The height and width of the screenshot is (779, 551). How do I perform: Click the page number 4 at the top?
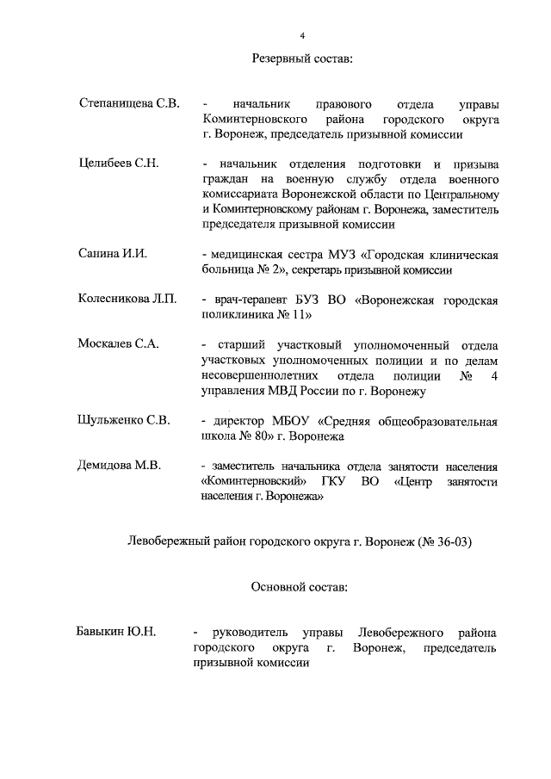click(x=302, y=35)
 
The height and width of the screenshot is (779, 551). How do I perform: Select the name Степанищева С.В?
click(x=128, y=104)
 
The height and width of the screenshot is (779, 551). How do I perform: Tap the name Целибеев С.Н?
click(x=120, y=164)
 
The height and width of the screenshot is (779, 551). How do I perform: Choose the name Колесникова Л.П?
click(x=127, y=300)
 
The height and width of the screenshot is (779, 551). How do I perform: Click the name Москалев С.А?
click(x=119, y=344)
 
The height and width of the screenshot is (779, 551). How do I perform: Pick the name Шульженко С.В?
click(x=124, y=421)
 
